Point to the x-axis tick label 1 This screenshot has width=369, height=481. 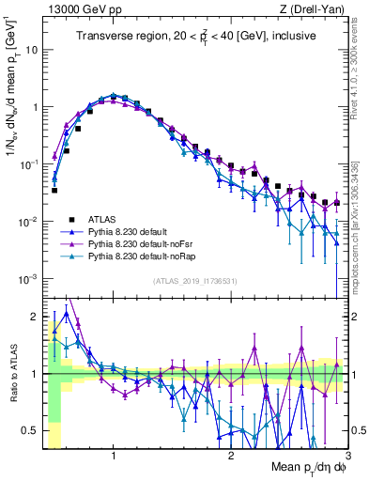[x=114, y=456]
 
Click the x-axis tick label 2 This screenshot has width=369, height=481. [x=231, y=456]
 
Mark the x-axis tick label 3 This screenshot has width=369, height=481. [x=346, y=456]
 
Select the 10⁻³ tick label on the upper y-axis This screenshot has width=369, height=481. [x=28, y=279]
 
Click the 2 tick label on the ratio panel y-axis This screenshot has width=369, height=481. [x=34, y=317]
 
